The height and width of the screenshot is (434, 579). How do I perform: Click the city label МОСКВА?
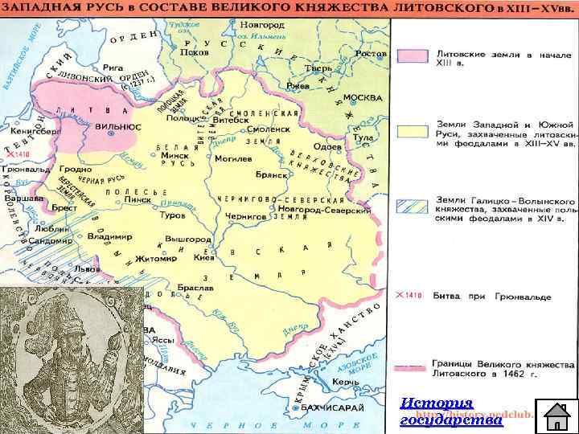362,97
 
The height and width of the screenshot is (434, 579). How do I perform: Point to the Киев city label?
203,260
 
